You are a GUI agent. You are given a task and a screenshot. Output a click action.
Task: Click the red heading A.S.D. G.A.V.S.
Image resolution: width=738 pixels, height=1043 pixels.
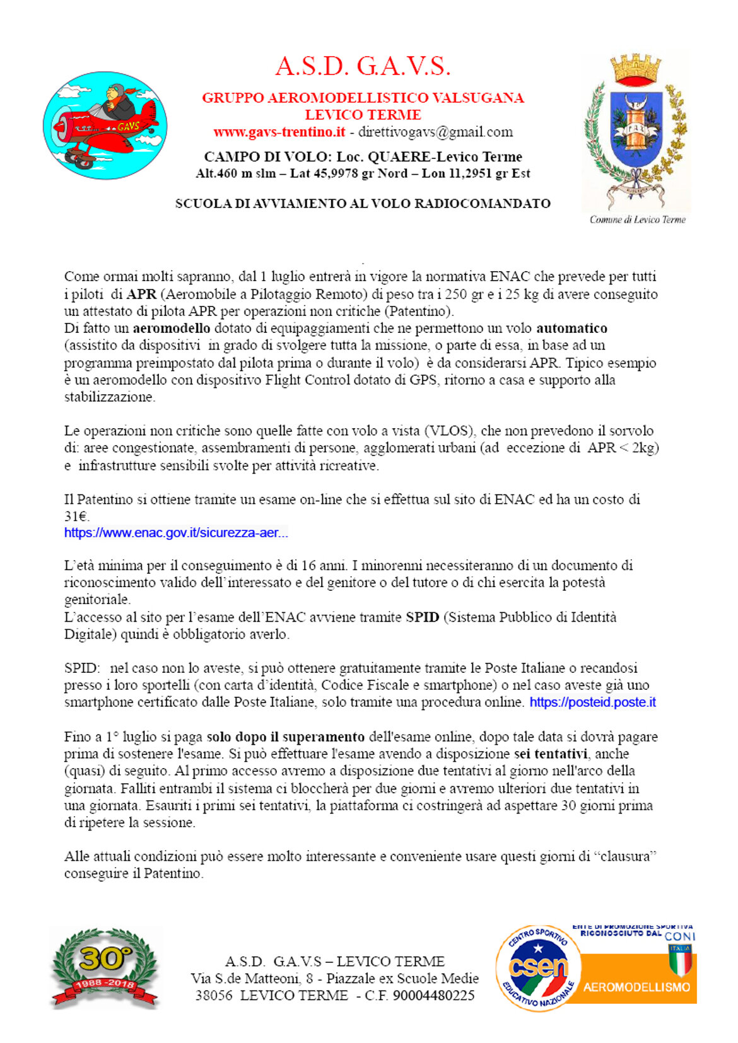363,66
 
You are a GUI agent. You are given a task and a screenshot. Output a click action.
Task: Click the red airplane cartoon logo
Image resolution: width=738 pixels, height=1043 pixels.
105,125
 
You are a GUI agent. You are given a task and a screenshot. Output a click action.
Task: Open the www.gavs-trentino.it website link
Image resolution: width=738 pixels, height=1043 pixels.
279,132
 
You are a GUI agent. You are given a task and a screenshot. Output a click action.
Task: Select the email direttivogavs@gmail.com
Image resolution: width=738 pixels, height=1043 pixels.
435,132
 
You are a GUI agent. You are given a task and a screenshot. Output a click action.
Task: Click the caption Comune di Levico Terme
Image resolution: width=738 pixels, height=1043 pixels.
637,219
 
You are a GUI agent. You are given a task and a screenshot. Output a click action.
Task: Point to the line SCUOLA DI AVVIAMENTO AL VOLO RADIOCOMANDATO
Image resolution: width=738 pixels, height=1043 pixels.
363,203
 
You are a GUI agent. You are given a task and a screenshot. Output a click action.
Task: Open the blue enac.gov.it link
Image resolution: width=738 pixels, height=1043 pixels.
176,532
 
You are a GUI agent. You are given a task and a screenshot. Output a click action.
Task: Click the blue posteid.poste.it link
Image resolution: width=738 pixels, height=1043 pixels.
592,702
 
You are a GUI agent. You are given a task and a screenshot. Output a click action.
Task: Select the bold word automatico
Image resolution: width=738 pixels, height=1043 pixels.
571,328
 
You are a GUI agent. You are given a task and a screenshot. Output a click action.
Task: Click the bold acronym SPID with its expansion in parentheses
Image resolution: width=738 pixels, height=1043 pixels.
422,617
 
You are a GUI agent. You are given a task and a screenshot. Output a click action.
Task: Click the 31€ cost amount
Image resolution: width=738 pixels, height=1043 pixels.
76,516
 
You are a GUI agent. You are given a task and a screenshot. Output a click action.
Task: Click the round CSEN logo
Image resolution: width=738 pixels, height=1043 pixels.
537,967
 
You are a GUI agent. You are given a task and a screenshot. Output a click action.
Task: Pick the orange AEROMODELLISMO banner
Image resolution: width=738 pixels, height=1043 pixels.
636,986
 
